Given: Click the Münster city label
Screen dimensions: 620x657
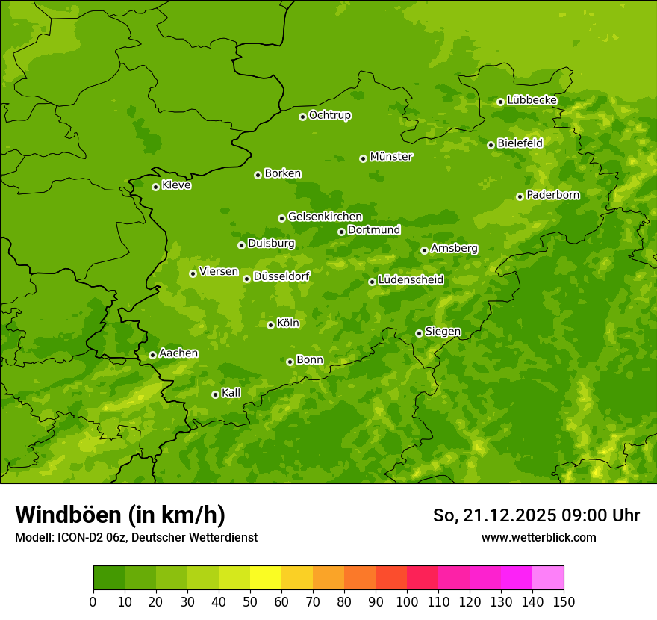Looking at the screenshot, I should pos(391,157).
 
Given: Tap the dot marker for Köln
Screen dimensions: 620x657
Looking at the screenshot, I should pos(270,325).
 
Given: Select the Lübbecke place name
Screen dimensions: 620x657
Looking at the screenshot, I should pos(532,100).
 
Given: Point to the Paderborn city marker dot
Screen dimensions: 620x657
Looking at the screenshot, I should pos(520,196).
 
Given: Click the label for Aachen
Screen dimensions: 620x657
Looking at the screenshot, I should pos(178,353).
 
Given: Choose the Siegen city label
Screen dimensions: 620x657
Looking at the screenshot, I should pos(443,332).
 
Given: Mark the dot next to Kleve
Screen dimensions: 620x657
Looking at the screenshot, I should pos(155,187).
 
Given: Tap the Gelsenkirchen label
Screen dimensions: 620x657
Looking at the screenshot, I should pos(325,217).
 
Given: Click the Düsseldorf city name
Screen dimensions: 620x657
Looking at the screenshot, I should pos(281,276).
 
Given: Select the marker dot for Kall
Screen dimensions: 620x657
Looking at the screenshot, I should pos(215,394).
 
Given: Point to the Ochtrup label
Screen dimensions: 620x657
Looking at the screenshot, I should pos(330,115).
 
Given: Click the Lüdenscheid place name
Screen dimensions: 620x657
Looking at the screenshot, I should pos(411,280).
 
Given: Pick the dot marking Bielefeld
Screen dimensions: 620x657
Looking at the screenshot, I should pos(491,145).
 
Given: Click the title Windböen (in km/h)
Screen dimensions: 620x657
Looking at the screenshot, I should pos(120,515).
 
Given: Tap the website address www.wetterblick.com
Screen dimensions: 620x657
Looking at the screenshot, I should pos(538,537).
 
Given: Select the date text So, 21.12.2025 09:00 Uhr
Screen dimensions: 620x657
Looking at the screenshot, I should pos(536,515).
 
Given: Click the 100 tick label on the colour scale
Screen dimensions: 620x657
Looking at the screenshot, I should pos(406,602).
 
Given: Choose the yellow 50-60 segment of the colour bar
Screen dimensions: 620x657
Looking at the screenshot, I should pos(265,578).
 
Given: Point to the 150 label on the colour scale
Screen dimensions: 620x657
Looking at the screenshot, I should pos(563,602).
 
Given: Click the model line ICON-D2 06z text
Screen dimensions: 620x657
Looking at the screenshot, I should pos(136,538).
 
